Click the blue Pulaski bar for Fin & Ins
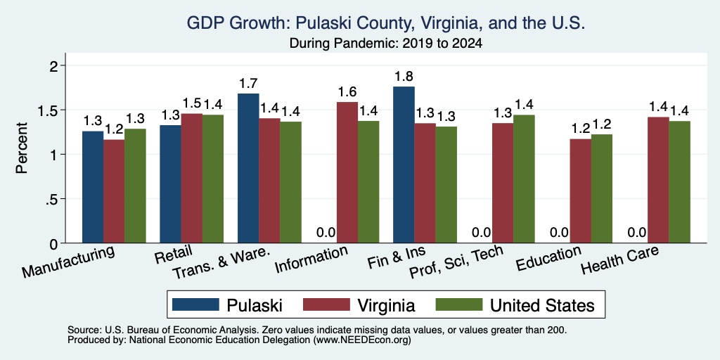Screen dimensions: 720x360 click(x=404, y=165)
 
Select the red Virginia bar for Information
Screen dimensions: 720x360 click(x=347, y=172)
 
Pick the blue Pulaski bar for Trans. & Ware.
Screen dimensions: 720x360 click(x=248, y=168)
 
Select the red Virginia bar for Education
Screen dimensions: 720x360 click(x=580, y=191)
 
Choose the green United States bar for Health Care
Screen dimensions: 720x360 click(x=680, y=182)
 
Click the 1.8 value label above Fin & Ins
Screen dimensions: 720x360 click(x=404, y=77)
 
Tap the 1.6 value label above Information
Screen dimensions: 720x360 click(x=347, y=92)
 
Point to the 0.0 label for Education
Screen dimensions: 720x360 click(x=559, y=233)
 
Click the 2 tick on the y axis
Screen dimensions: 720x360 click(x=55, y=65)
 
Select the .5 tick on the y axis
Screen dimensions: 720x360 click(x=53, y=199)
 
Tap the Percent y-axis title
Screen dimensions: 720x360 click(x=22, y=148)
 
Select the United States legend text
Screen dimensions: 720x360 click(x=542, y=305)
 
